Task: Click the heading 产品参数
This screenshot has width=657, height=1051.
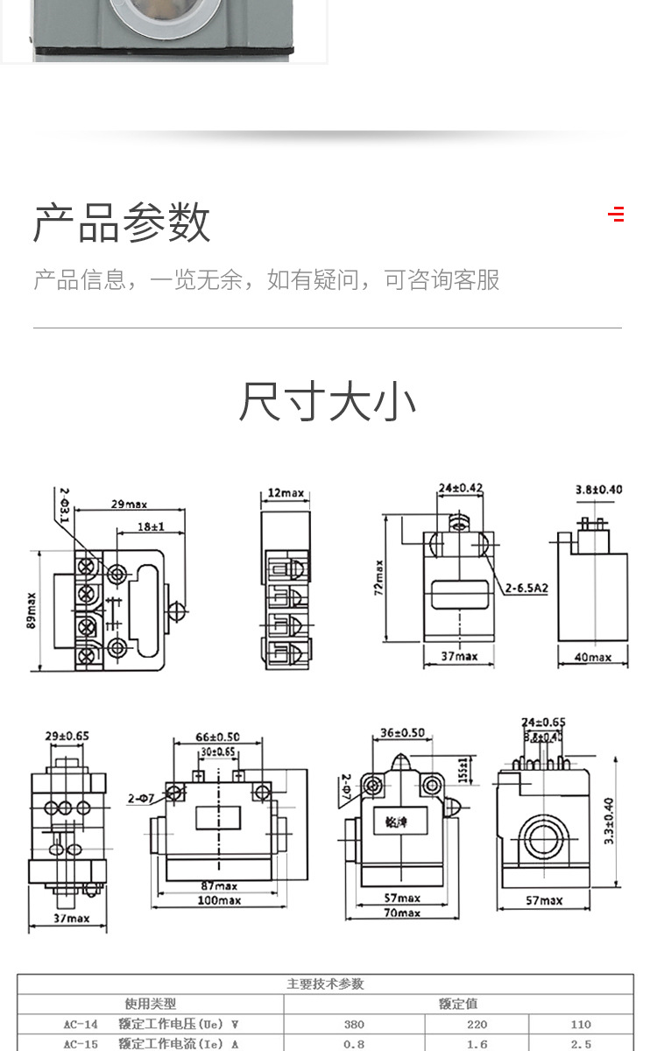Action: (x=122, y=222)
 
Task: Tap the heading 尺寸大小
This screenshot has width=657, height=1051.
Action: (x=328, y=402)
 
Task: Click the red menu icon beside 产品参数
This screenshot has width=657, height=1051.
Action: (x=616, y=214)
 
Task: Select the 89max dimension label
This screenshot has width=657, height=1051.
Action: (x=32, y=610)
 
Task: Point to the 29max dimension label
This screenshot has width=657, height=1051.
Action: (x=129, y=504)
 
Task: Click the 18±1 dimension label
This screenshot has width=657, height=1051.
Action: (x=150, y=527)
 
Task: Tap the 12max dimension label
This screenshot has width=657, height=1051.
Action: (x=286, y=493)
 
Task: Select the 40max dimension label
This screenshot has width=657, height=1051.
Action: (x=592, y=657)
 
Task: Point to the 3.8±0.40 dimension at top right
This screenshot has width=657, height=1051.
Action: (x=599, y=490)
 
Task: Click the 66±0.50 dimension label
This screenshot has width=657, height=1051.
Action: (x=216, y=737)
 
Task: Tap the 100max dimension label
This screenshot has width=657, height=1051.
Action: (x=218, y=900)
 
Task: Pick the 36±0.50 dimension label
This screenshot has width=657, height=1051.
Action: (x=403, y=733)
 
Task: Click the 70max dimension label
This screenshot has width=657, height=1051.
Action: (x=402, y=913)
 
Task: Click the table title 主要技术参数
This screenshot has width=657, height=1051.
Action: (x=325, y=984)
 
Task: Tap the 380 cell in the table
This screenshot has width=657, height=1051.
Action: (x=354, y=1024)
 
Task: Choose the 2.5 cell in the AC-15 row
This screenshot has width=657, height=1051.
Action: (x=581, y=1044)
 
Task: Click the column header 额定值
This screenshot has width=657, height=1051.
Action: (x=458, y=1004)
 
